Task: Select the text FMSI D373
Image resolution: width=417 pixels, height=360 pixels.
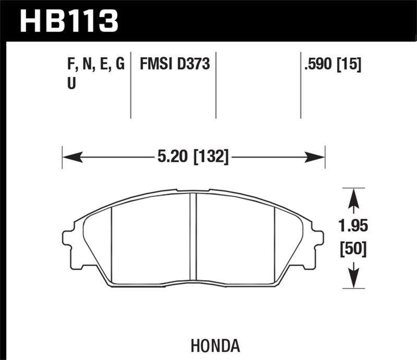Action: tap(174, 64)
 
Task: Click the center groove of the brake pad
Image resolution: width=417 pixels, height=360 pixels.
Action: tap(193, 237)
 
